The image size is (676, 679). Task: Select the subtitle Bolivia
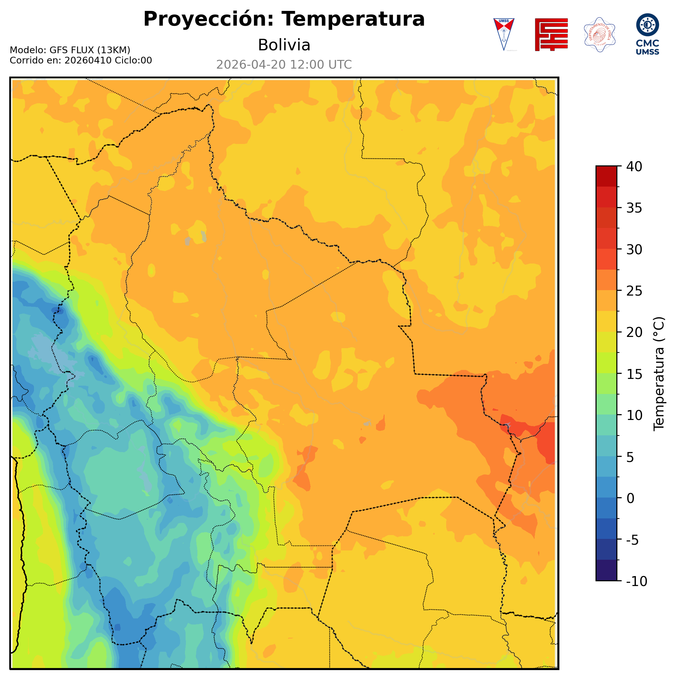[x=284, y=45]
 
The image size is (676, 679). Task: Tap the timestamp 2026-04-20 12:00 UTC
[x=284, y=65]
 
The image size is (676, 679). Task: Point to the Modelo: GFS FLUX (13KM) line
[x=70, y=50]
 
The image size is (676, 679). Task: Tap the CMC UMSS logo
[x=647, y=34]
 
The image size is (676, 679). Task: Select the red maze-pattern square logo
[x=551, y=34]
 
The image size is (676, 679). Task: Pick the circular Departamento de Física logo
[x=599, y=34]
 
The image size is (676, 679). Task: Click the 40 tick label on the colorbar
[x=634, y=167]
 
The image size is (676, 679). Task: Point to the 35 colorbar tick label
[x=634, y=208]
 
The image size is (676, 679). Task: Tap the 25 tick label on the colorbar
[x=634, y=291]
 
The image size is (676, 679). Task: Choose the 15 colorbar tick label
[x=634, y=374]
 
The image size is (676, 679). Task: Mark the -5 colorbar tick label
[x=632, y=540]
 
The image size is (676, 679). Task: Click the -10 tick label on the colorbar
[x=636, y=581]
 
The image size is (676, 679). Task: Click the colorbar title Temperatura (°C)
[x=659, y=373]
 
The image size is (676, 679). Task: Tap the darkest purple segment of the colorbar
[x=606, y=571]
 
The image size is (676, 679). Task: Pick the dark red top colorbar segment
[x=606, y=176]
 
